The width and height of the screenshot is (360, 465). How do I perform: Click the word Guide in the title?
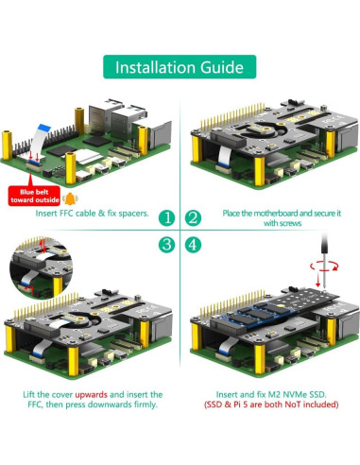tap(223, 67)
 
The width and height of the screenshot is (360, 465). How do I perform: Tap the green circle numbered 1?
tap(165, 217)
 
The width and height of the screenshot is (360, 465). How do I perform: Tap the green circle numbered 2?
tap(194, 217)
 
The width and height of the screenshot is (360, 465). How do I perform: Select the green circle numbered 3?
tap(165, 245)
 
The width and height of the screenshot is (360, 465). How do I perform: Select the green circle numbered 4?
tap(194, 245)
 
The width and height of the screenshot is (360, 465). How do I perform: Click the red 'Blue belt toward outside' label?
tap(32, 193)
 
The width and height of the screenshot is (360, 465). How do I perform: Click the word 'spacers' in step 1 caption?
tap(131, 214)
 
